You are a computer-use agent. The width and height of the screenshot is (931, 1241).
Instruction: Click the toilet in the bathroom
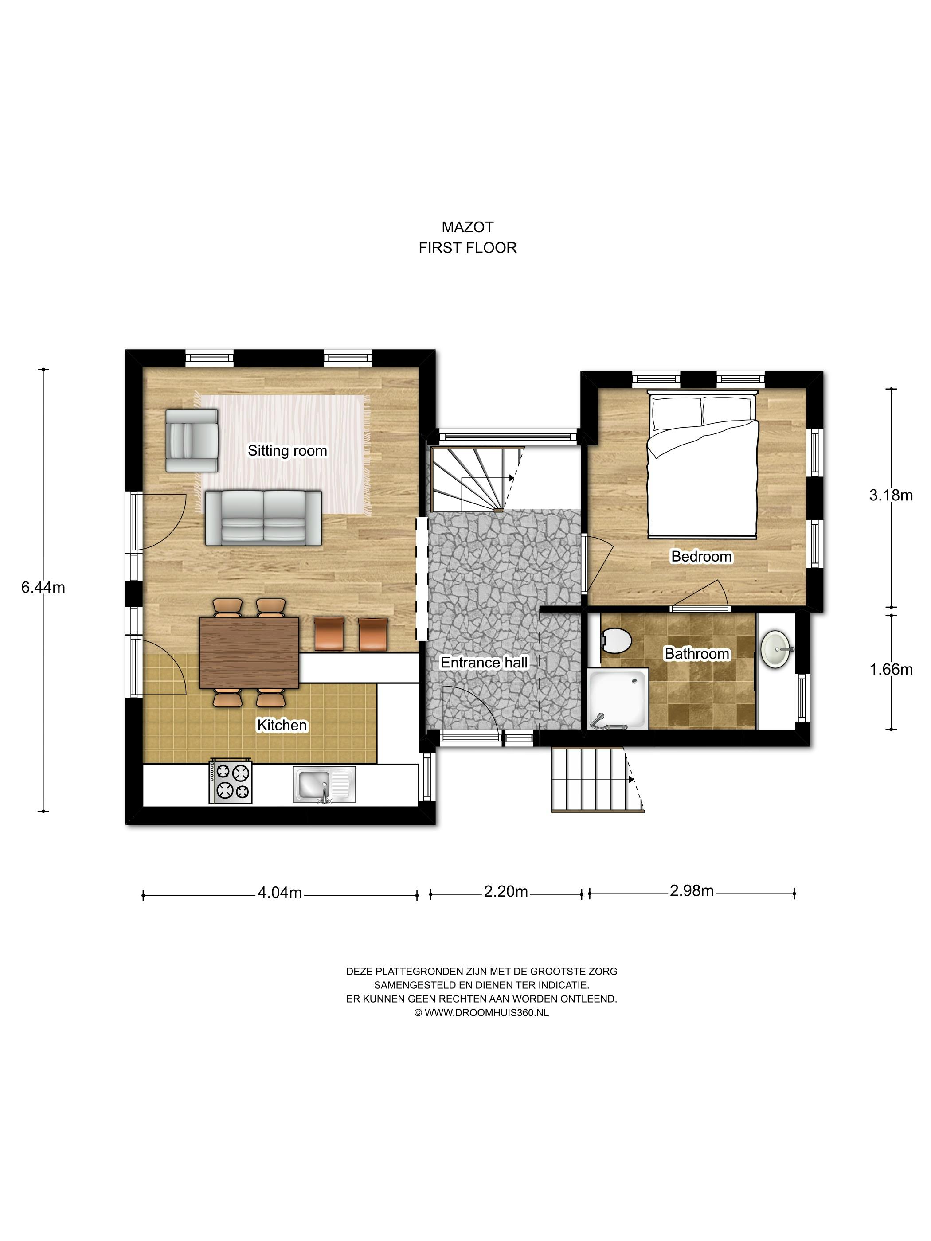coord(616,640)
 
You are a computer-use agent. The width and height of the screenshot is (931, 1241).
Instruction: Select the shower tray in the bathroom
coord(617,699)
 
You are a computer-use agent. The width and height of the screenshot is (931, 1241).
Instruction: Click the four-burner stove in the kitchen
coord(231,781)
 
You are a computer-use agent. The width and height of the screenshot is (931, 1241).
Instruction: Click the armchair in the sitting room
coord(192,441)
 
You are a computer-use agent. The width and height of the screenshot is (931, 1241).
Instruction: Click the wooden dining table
coord(250,652)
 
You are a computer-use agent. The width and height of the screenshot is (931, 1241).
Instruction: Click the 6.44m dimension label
coord(43,587)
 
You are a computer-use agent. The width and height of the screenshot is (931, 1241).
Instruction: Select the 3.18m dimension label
coord(891,495)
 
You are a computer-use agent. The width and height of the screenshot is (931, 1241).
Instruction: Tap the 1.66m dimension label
coord(891,669)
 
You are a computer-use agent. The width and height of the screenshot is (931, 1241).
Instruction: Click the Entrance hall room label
coord(484,663)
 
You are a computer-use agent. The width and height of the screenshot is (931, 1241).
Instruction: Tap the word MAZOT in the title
coord(467,227)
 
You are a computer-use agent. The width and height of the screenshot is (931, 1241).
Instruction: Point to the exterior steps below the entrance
coord(598,780)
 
